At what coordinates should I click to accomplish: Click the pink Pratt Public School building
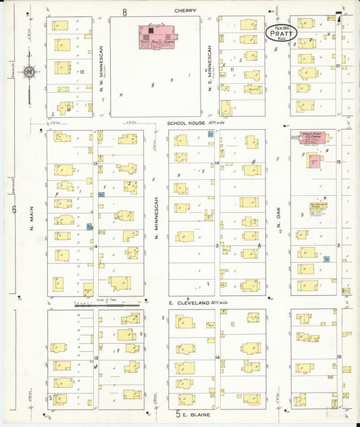coord(156,34)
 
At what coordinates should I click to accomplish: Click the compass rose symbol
coord(29,72)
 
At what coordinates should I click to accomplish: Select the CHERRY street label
coord(184,11)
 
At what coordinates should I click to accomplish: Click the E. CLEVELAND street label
coord(190,303)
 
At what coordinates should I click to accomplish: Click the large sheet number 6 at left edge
coord(14,209)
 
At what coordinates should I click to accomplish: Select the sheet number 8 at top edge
coord(124,11)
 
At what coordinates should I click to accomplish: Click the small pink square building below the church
coord(314,161)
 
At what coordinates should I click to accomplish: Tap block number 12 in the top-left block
coord(81,71)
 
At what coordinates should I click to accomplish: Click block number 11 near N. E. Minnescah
coord(232,69)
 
